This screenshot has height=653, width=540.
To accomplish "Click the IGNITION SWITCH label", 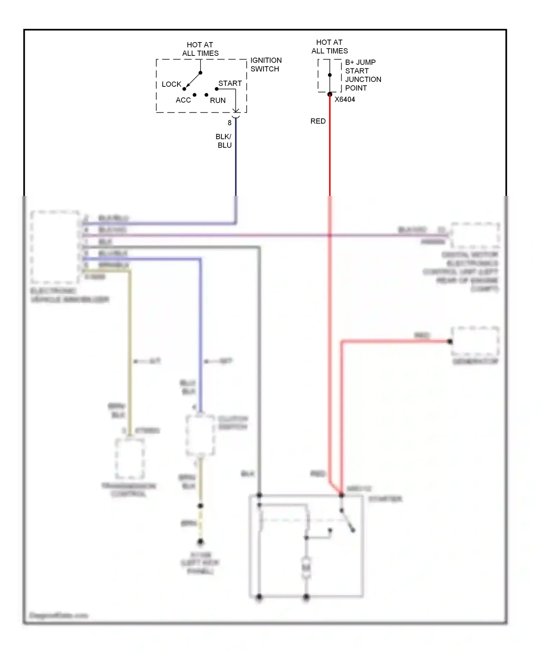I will [266, 65].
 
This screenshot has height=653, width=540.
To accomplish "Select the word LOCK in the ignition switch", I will [171, 84].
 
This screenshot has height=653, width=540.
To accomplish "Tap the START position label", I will [230, 83].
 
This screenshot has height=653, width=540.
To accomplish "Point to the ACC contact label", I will [183, 100].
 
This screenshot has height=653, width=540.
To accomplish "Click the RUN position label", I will [217, 100].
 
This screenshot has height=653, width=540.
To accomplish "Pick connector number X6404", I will [345, 99].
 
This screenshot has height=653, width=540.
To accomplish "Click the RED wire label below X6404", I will [318, 121].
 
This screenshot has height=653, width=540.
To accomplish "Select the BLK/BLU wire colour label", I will [224, 141].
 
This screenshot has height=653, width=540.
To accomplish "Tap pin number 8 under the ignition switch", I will [229, 123].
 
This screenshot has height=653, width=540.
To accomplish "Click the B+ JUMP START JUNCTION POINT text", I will [363, 75].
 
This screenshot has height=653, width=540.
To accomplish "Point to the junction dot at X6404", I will [330, 94].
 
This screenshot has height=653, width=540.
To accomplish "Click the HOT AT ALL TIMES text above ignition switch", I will [200, 49].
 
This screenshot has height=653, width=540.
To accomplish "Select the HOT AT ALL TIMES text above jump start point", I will [329, 46].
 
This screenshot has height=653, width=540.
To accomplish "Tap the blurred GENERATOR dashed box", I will [475, 341].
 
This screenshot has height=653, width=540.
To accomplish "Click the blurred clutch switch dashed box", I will [200, 435].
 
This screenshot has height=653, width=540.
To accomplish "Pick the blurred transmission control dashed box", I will [130, 458].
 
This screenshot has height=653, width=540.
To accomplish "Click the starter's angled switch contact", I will [347, 520].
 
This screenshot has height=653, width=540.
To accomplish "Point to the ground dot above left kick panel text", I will [201, 541].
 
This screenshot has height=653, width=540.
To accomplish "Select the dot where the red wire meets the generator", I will [450, 341].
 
